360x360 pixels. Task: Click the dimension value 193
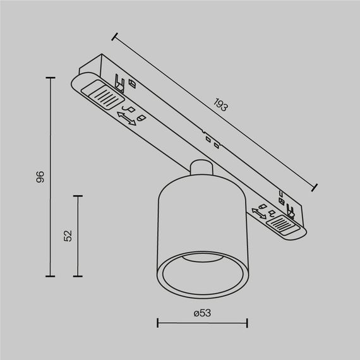pos(220,105)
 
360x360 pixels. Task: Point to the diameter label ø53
pos(201,313)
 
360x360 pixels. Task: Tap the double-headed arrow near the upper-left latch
pos(126,118)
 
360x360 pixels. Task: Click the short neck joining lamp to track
pos(200,170)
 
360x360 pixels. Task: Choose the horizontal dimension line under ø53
pos(202,325)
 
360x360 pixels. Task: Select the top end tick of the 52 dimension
pos(78,196)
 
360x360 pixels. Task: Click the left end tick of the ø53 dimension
pos(157,325)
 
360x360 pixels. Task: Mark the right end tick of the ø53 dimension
pos(247,325)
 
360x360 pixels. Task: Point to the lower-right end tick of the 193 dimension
pos(315,187)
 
